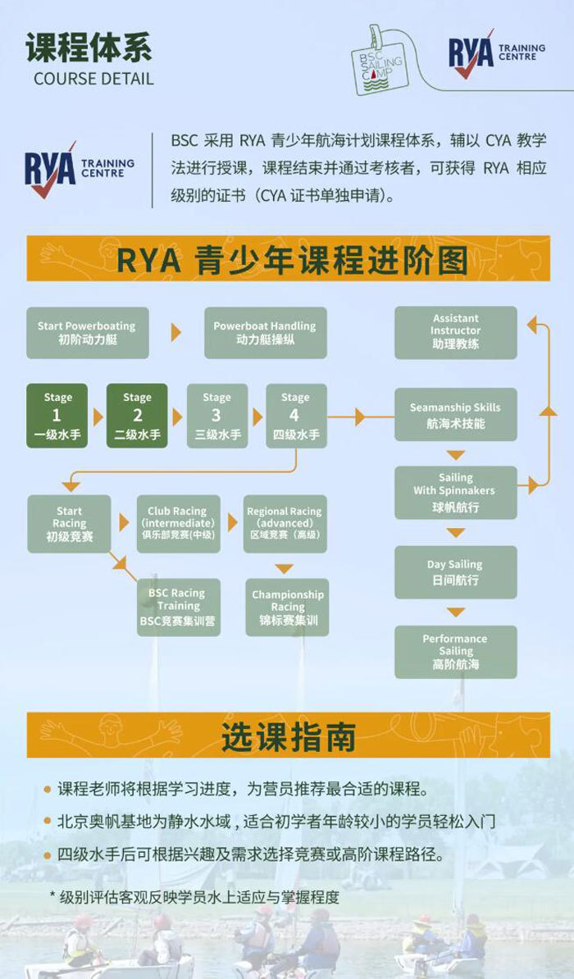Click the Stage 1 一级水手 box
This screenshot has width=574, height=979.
pos(57,415)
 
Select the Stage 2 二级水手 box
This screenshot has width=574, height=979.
pos(137,415)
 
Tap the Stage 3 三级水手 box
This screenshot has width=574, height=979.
pos(216,415)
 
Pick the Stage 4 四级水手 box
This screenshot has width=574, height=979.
pos(295,415)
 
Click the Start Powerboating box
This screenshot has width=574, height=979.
pos(87,332)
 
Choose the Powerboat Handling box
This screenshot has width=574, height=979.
pos(265,332)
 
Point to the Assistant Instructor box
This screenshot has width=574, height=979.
pos(455,332)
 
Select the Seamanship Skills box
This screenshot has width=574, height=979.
pos(455,415)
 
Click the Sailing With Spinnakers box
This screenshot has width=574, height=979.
pos(455,493)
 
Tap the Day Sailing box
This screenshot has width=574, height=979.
pos(455,572)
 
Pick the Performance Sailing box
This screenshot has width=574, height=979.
pos(455,651)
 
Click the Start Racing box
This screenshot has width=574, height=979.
pos(69,523)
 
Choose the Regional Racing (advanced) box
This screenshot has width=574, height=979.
pos(285,523)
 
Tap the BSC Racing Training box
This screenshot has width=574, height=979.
pos(178,607)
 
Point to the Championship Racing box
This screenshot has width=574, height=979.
pos(288,607)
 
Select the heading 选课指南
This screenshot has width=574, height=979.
pos(288,735)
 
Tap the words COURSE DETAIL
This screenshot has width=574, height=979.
pos(93,80)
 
